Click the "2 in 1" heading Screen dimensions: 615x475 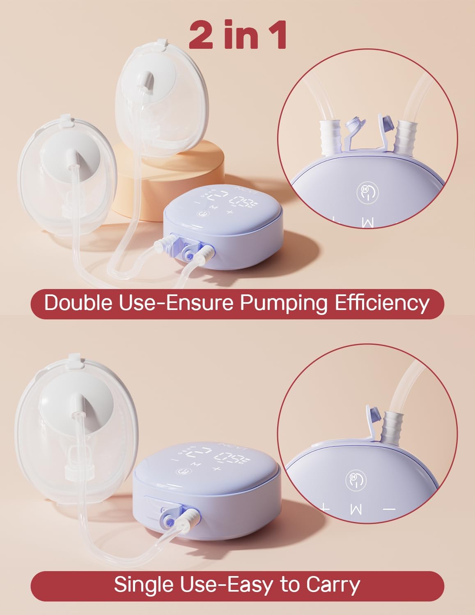238,36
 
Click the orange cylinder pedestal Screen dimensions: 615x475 172,180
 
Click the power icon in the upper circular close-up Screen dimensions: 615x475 367,193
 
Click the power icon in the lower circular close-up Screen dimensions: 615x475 356,480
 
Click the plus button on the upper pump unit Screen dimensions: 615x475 229,212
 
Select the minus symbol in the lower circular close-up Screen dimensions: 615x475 389,509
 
